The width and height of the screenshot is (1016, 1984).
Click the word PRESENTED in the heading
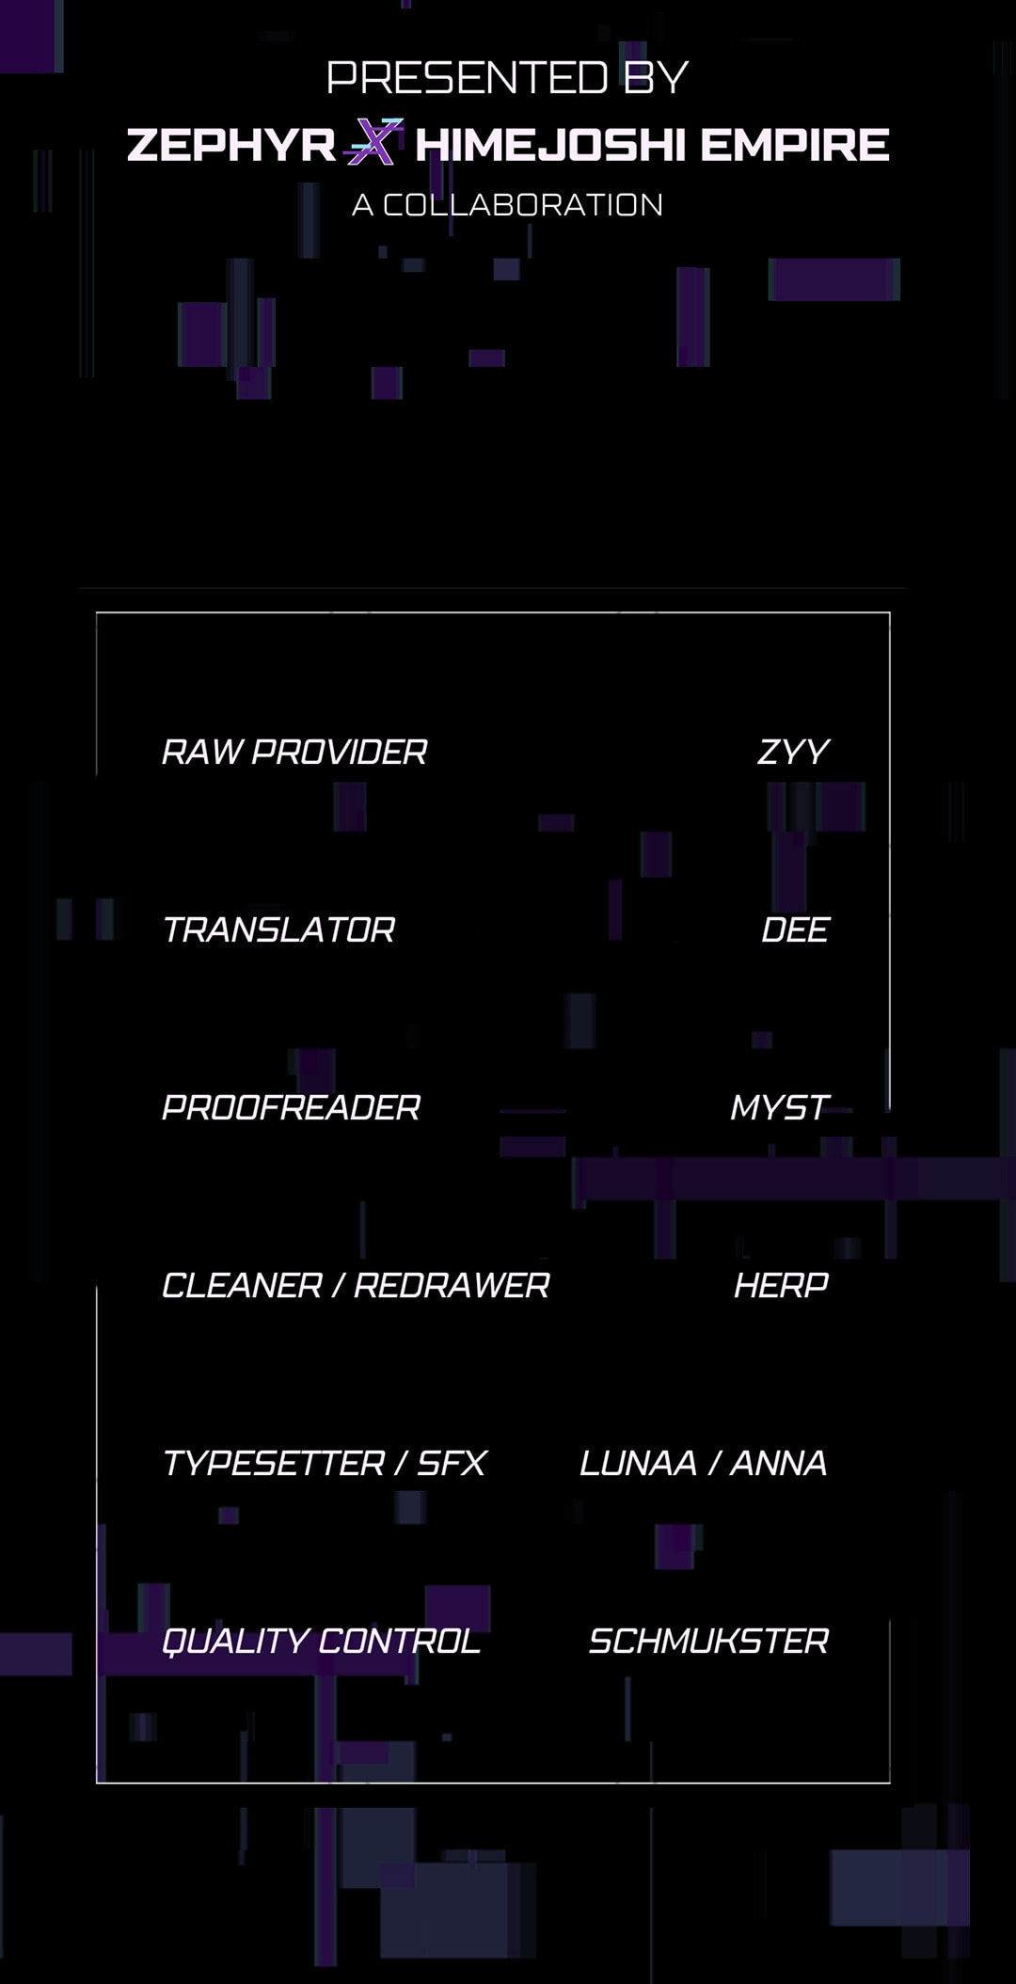click(467, 77)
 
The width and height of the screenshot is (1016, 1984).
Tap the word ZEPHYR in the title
click(231, 145)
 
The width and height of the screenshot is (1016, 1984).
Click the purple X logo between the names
click(374, 142)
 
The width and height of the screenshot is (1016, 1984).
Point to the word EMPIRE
click(795, 145)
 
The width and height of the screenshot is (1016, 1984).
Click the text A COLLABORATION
click(508, 205)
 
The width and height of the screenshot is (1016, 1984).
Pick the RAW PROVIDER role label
click(294, 752)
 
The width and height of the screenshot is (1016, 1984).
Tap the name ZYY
click(793, 752)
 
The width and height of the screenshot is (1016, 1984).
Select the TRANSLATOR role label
click(278, 929)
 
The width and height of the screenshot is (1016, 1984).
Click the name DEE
click(795, 929)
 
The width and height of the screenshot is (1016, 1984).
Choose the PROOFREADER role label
click(291, 1107)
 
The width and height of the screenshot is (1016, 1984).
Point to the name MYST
click(780, 1107)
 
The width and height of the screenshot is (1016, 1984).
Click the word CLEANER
click(242, 1285)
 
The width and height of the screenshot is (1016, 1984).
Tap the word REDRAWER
click(452, 1285)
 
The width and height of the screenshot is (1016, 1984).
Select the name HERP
click(782, 1285)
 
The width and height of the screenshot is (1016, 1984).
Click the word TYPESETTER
click(274, 1463)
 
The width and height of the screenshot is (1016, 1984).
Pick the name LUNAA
click(638, 1463)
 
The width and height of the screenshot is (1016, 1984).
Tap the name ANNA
click(779, 1463)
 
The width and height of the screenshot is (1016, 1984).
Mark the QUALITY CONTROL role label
click(321, 1641)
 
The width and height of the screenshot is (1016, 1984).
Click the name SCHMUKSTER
click(708, 1641)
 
